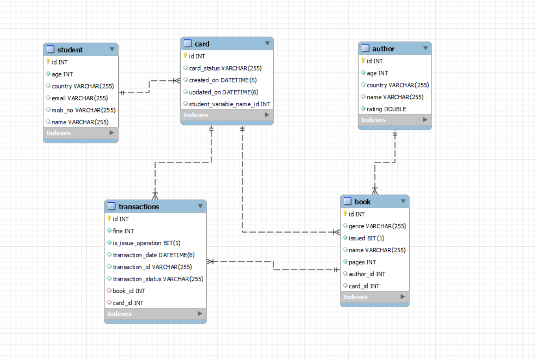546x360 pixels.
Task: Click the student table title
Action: (x=70, y=50)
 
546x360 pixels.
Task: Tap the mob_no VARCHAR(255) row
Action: (x=83, y=110)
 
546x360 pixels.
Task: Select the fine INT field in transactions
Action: (x=123, y=231)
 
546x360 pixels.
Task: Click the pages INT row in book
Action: (x=362, y=262)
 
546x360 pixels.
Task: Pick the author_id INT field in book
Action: (x=367, y=274)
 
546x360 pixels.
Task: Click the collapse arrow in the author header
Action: (x=425, y=48)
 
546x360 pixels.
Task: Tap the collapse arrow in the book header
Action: (x=403, y=201)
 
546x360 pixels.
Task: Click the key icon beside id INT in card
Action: (x=185, y=56)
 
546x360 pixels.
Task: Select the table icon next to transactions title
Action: (x=111, y=206)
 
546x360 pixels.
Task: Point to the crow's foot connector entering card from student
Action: (x=176, y=81)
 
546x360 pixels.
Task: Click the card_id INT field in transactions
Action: (x=128, y=302)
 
